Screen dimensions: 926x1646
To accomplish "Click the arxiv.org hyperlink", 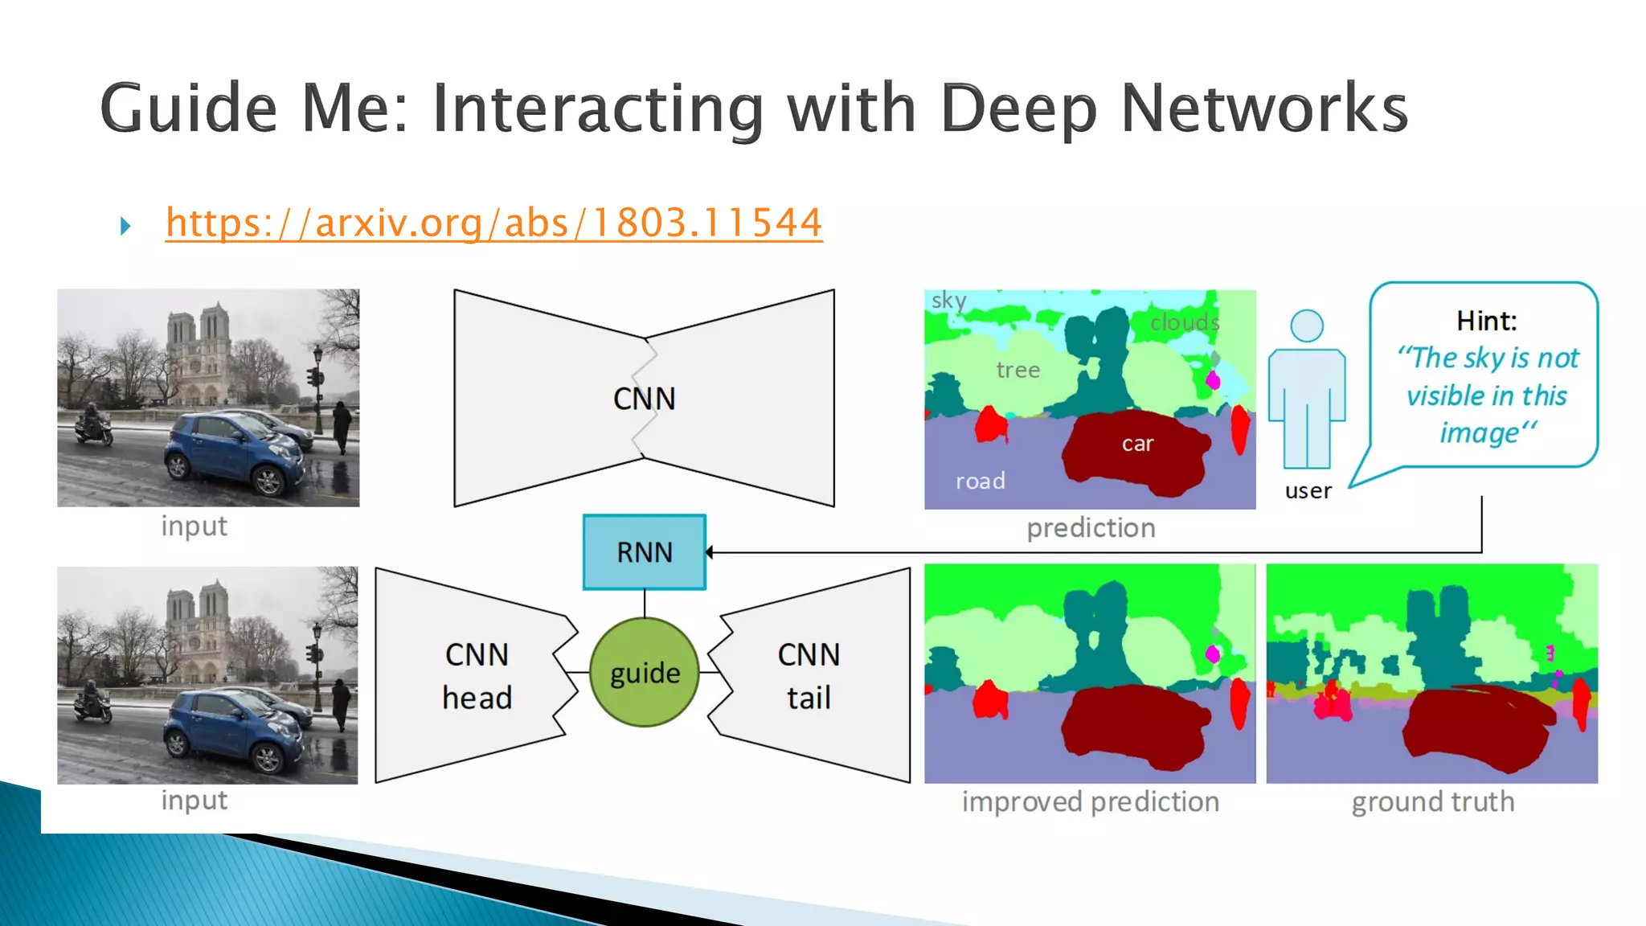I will pyautogui.click(x=493, y=223).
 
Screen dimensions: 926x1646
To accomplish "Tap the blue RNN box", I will pyautogui.click(x=645, y=552).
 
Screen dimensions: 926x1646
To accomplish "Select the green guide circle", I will pyautogui.click(x=645, y=673).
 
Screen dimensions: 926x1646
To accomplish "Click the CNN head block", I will pyautogui.click(x=477, y=675).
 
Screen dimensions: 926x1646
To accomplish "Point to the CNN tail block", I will pyautogui.click(x=809, y=675).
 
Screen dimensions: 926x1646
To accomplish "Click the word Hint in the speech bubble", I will pyautogui.click(x=1486, y=321).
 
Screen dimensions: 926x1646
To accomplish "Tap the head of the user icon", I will pyautogui.click(x=1307, y=326).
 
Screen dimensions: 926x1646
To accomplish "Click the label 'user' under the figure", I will pyautogui.click(x=1308, y=490).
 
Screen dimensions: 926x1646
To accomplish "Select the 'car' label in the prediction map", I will pyautogui.click(x=1137, y=444).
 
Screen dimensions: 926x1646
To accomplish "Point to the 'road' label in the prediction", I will pyautogui.click(x=980, y=481).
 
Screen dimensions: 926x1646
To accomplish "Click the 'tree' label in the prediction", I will pyautogui.click(x=1017, y=370).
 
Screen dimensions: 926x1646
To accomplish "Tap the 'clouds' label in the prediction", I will pyautogui.click(x=1185, y=322).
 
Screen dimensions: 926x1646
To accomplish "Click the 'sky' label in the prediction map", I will pyautogui.click(x=948, y=301).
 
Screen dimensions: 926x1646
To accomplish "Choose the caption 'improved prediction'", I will pyautogui.click(x=1090, y=801).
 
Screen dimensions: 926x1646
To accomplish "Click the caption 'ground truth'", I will pyautogui.click(x=1432, y=801).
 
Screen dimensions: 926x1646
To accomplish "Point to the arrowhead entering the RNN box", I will pyautogui.click(x=710, y=552).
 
